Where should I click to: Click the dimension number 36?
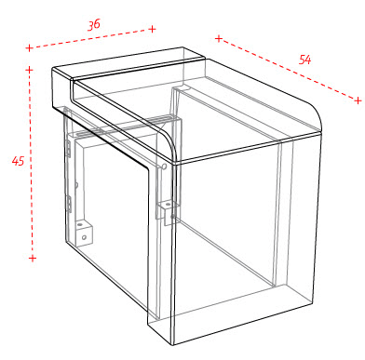[x=94, y=24]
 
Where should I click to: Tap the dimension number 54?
[x=304, y=60]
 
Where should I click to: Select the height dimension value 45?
[x=18, y=161]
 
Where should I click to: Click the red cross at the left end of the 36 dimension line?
[x=29, y=48]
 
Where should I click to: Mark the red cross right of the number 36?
[x=152, y=29]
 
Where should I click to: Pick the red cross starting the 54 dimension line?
[x=219, y=38]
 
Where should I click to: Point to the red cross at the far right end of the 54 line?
[x=358, y=100]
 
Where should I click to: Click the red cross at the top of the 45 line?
[x=29, y=70]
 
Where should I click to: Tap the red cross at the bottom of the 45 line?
[x=33, y=258]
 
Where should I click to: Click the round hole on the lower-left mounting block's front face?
[x=84, y=237]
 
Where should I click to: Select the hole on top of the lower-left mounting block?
[x=81, y=223]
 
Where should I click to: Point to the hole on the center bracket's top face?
[x=168, y=205]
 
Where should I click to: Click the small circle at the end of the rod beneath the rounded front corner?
[x=164, y=167]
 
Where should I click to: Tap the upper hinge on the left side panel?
[x=68, y=148]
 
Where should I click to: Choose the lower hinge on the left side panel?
[x=69, y=204]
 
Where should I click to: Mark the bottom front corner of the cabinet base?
[x=173, y=345]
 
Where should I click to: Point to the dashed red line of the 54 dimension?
[x=289, y=70]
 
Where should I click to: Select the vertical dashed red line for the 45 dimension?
[x=31, y=164]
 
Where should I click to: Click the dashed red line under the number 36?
[x=90, y=38]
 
